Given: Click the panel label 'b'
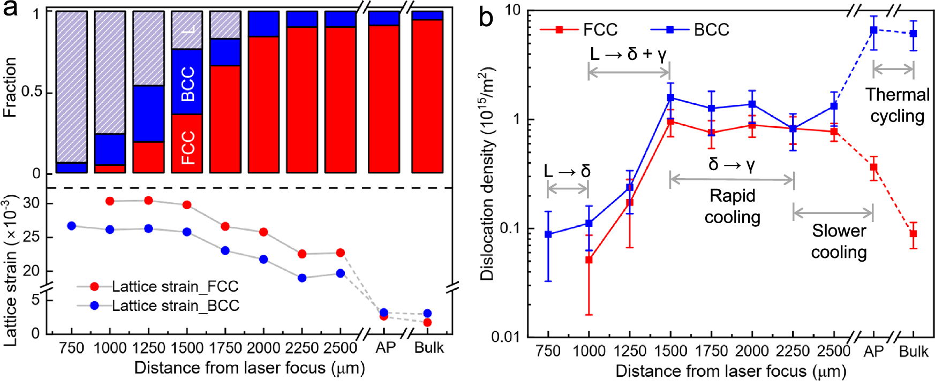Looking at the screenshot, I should [486, 17].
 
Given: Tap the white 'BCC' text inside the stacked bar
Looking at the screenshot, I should [187, 84].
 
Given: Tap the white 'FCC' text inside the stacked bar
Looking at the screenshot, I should [187, 147].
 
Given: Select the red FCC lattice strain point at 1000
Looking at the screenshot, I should [110, 201].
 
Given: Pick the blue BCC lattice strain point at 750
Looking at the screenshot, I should [72, 226].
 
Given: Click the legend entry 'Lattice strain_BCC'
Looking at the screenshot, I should [175, 306].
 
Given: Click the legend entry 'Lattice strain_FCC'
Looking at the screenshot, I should [175, 286].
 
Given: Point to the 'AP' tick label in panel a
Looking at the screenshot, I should [385, 348].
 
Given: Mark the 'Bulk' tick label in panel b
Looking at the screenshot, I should [914, 352].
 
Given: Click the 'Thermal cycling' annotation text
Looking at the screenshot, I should [898, 105].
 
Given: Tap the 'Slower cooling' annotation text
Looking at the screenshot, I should [839, 241].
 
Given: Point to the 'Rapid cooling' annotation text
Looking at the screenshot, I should [732, 207].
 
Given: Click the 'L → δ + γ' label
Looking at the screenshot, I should [628, 54].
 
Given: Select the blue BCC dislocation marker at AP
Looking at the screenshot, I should [873, 31].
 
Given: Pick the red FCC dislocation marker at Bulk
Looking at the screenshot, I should [914, 234].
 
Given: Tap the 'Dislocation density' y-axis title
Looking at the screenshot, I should [487, 174].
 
